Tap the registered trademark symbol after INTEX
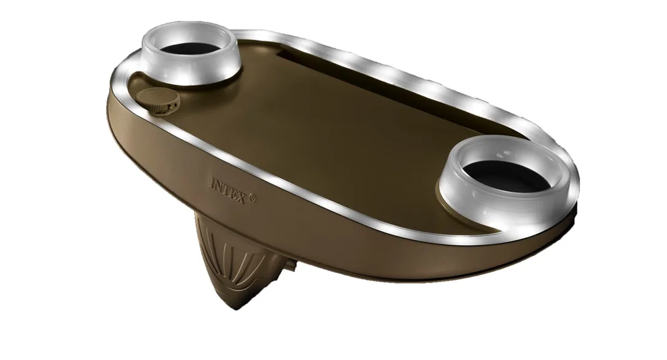click(252, 197)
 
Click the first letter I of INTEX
click(212, 182)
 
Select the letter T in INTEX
click(225, 189)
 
